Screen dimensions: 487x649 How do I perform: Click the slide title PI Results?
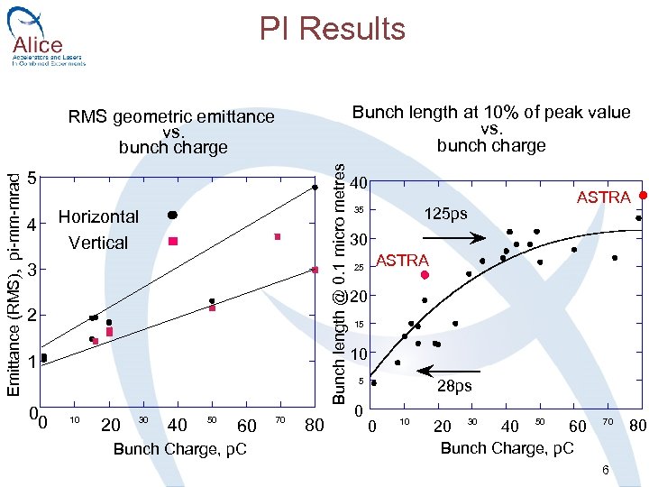333,29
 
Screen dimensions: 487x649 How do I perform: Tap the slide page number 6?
606,470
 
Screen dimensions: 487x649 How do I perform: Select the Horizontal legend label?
98,216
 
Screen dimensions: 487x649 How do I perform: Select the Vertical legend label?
98,243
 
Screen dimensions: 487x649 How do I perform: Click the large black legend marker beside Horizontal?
173,215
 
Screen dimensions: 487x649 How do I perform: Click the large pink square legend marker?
173,242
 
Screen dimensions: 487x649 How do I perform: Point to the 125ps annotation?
446,215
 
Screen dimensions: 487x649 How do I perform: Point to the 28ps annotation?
452,386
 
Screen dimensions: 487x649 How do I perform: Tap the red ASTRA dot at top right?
643,195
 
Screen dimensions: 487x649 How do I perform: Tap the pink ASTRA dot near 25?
425,275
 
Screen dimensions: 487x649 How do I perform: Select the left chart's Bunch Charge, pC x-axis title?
179,448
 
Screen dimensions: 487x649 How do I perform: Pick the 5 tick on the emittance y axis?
32,178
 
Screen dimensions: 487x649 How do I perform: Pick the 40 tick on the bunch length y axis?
358,183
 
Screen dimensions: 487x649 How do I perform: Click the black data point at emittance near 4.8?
315,188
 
